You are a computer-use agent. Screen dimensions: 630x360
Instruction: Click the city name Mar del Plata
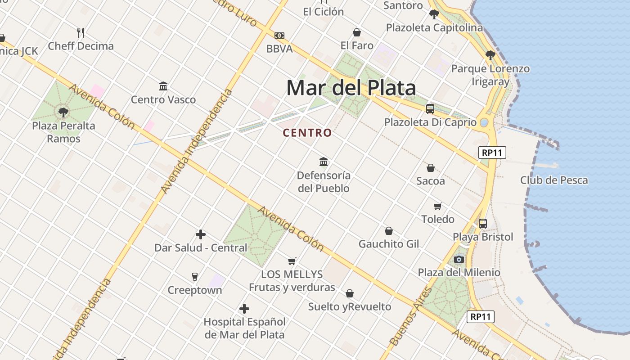(351, 88)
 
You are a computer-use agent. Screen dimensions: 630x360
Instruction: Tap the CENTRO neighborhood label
(307, 133)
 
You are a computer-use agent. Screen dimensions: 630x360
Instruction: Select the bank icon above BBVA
(279, 36)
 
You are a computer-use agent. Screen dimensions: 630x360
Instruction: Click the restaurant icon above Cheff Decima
(81, 32)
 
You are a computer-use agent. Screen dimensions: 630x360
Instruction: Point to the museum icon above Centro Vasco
(163, 86)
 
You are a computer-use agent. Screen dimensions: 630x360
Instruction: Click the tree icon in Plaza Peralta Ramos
(63, 112)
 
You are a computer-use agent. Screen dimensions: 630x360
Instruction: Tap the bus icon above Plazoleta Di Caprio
(430, 108)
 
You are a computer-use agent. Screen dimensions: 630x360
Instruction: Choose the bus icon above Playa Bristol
(483, 223)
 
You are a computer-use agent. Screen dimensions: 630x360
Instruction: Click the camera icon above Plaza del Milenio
(459, 259)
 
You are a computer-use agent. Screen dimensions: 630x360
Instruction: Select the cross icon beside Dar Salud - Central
(201, 234)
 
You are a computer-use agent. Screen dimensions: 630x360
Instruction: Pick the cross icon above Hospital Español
(244, 309)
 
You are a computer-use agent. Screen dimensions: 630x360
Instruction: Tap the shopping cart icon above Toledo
(438, 207)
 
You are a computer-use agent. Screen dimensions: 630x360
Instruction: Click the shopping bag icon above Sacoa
(431, 168)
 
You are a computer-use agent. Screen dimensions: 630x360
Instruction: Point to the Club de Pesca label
(554, 180)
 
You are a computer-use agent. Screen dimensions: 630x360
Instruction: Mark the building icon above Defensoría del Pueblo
(324, 162)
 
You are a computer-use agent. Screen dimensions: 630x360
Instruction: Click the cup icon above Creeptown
(195, 276)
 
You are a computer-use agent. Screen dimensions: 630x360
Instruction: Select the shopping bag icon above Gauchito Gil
(389, 231)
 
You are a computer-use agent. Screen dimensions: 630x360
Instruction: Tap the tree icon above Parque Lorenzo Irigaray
(490, 55)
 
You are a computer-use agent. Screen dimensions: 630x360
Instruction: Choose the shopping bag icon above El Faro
(357, 32)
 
